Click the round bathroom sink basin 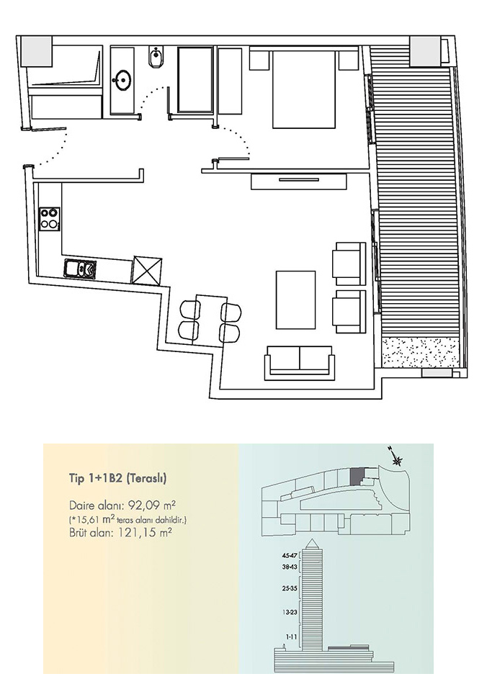122,81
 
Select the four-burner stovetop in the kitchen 50,219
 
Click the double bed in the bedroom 304,89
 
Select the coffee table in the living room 296,300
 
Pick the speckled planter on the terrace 419,352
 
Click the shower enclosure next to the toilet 195,80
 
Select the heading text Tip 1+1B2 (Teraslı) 117,478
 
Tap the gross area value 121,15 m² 145,532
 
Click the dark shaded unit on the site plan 357,477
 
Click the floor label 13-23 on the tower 290,612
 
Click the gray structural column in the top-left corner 37,52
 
